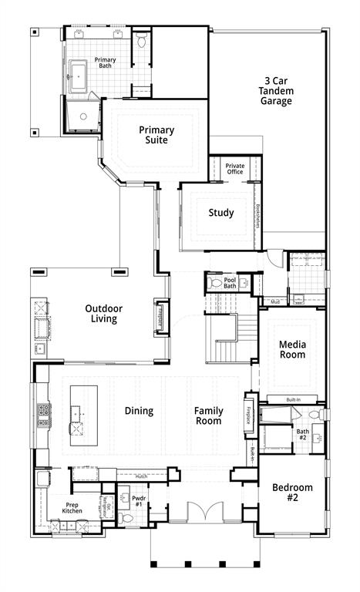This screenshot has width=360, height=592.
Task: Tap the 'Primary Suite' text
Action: (156, 135)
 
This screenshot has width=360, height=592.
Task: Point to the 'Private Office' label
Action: (234, 168)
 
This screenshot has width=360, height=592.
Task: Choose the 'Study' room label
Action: (221, 213)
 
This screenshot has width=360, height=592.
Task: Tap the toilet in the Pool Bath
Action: (215, 283)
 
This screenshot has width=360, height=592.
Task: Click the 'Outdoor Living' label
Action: (103, 314)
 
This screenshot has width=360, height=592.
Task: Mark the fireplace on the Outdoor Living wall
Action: (162, 316)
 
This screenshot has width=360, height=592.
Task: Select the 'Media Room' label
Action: (292, 349)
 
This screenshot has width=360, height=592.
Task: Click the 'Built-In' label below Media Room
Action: (292, 399)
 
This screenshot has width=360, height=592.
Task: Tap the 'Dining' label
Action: (139, 411)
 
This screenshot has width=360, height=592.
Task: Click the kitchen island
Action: (79, 415)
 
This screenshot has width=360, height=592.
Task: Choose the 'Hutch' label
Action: (141, 476)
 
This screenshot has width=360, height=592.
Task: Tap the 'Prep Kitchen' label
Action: (72, 508)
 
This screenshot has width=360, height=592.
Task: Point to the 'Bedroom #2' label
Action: (292, 492)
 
